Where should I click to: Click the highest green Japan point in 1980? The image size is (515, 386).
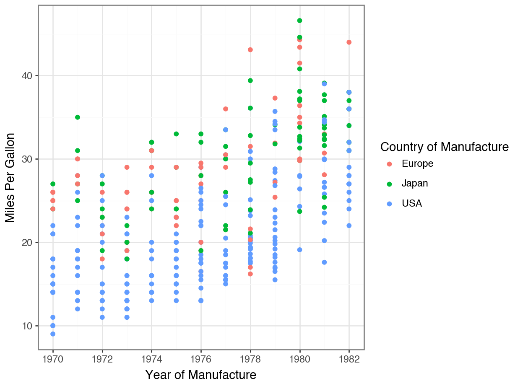click(x=299, y=21)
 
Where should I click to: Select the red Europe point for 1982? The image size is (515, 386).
click(x=349, y=42)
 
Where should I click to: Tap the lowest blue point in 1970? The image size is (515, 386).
click(x=53, y=334)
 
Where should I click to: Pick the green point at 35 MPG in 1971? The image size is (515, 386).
click(x=78, y=117)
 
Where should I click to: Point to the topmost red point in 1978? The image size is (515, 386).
click(x=250, y=50)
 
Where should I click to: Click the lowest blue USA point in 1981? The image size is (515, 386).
click(x=324, y=262)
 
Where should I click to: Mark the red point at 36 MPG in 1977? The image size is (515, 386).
click(x=226, y=109)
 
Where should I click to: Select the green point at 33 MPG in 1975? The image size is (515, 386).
click(x=176, y=134)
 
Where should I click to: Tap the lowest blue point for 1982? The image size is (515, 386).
click(x=349, y=225)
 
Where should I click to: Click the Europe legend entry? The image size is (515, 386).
click(x=417, y=164)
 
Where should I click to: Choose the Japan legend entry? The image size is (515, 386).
click(x=414, y=184)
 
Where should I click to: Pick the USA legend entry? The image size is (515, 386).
click(x=411, y=204)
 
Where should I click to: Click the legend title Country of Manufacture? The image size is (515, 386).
click(x=444, y=147)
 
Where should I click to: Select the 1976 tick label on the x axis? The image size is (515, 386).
click(x=201, y=359)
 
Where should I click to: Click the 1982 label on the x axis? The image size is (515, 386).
click(x=349, y=359)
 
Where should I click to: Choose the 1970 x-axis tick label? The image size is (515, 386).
click(x=53, y=359)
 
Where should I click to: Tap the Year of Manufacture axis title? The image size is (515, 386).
click(x=201, y=374)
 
